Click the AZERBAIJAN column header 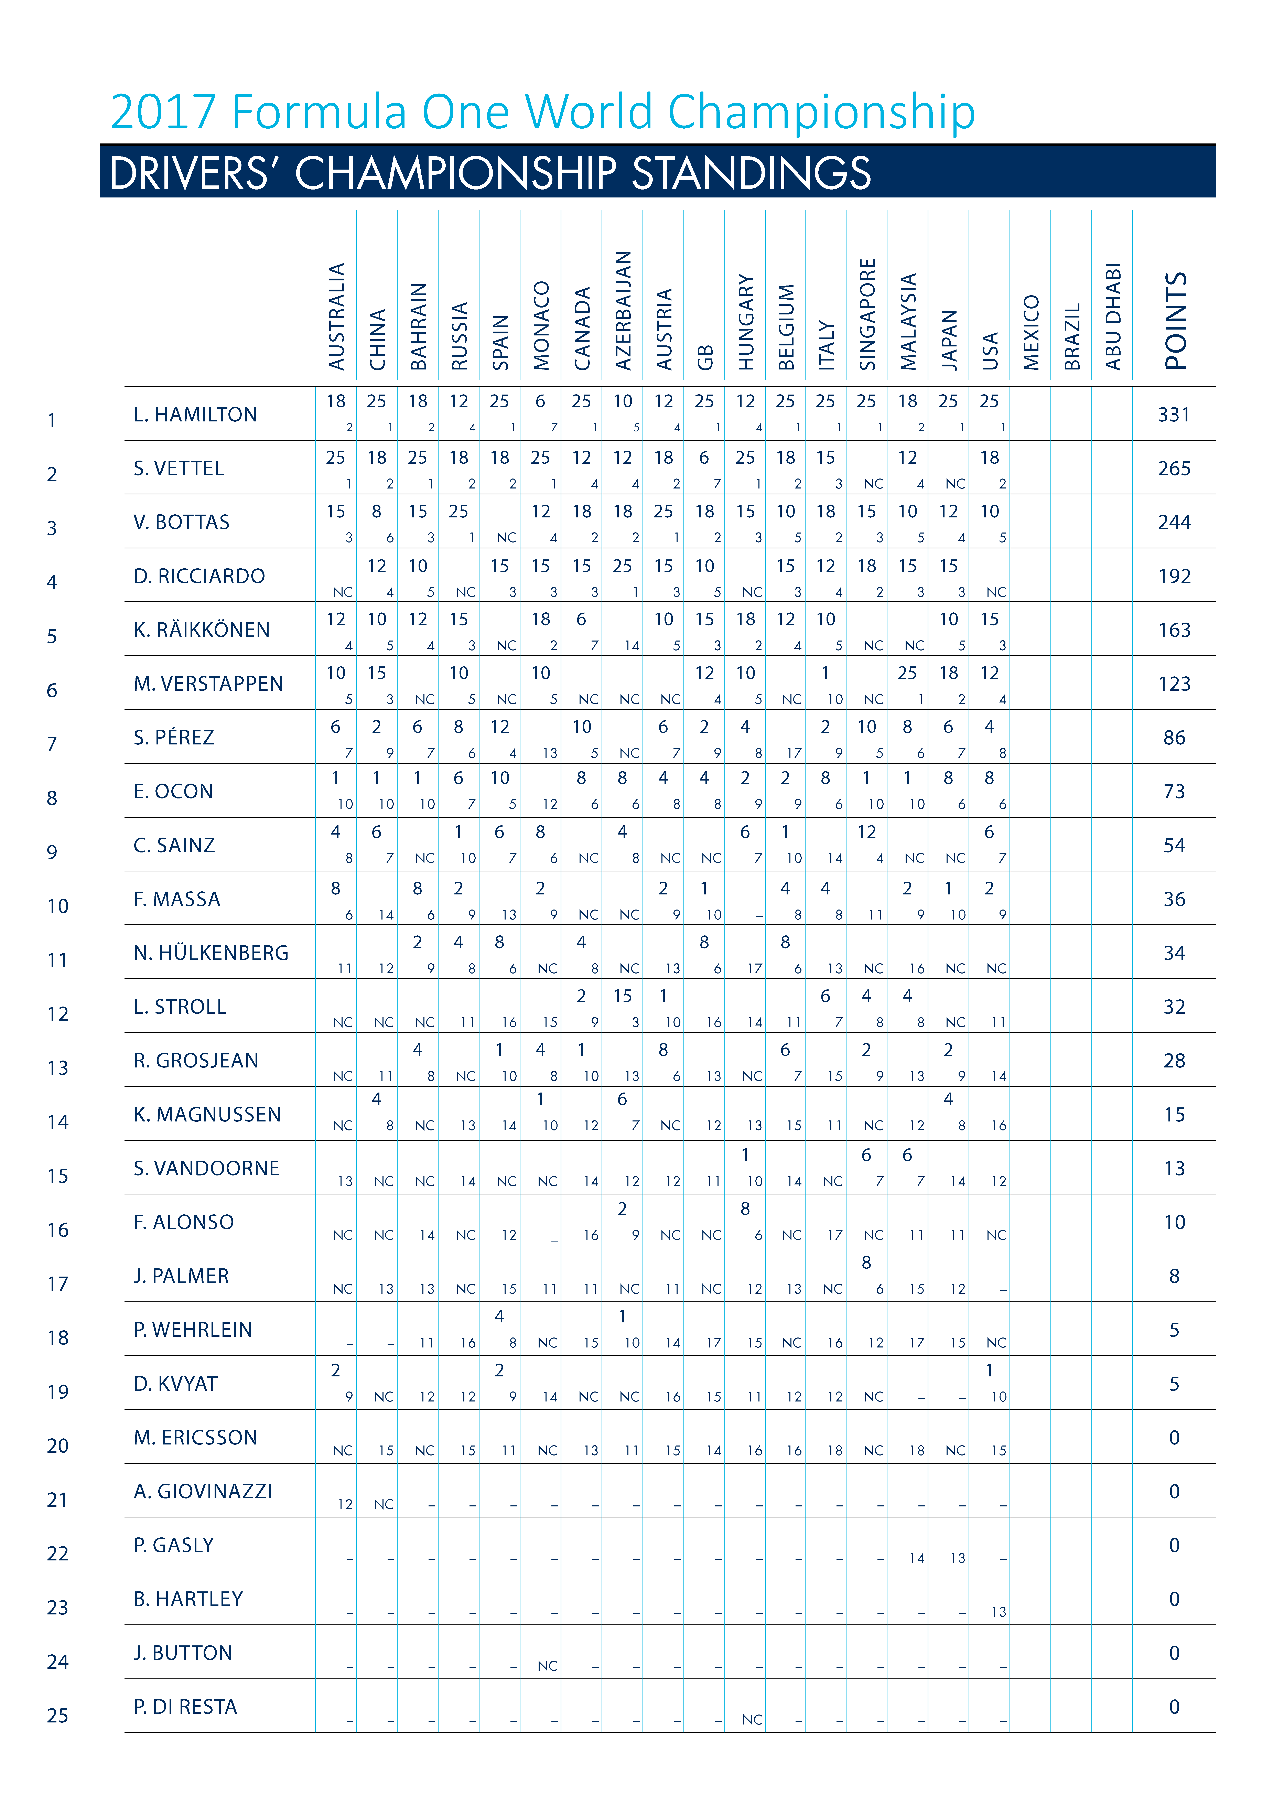[624, 311]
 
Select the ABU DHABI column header [1113, 316]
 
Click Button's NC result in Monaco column [547, 1666]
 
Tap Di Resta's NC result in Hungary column [752, 1720]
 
